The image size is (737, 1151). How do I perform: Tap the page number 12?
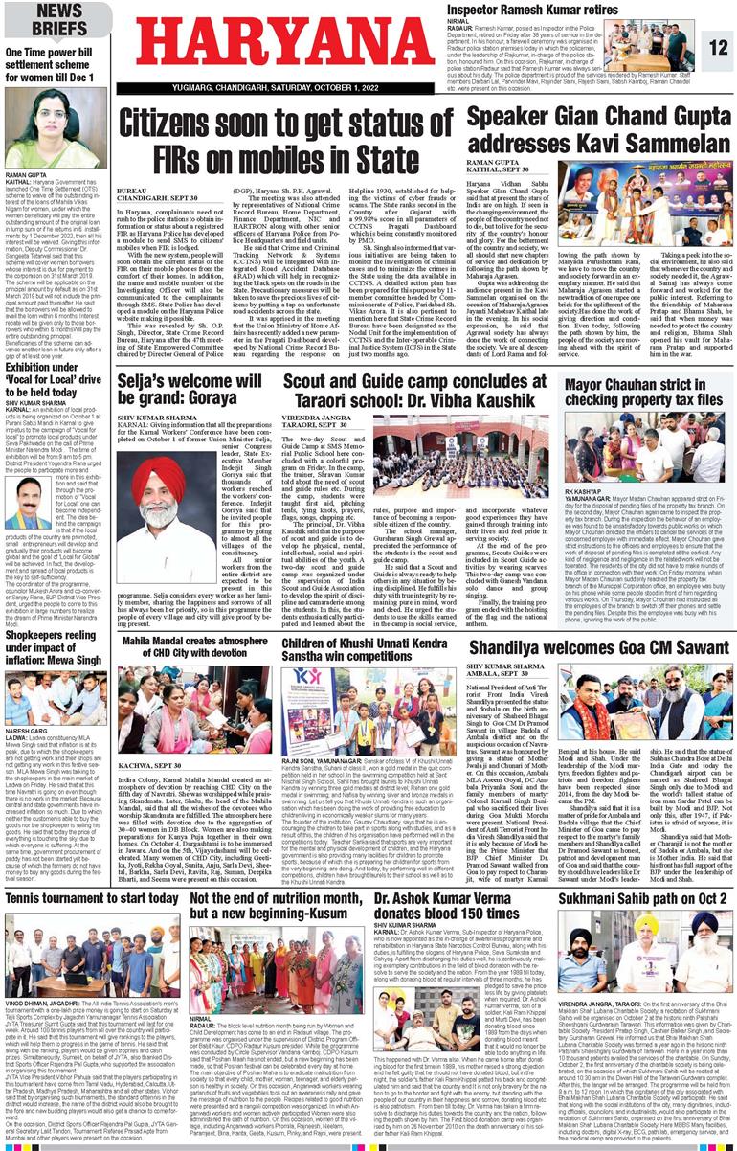(719, 46)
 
